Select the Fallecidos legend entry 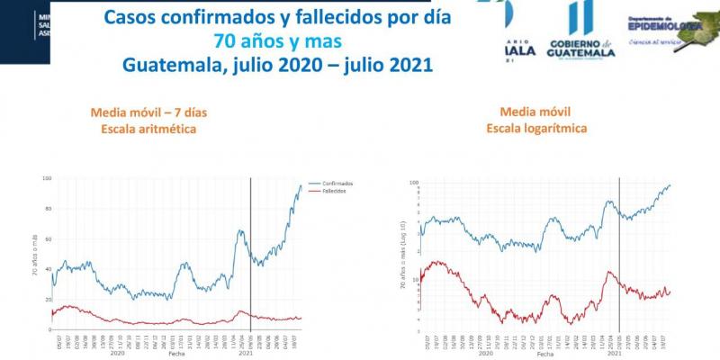click(x=334, y=192)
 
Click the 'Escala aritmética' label click(x=143, y=130)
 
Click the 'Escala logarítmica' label click(x=536, y=129)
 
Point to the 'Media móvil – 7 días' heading click(x=143, y=112)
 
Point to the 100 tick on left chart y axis click(x=46, y=178)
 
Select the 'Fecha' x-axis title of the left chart click(x=176, y=355)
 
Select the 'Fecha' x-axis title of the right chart click(x=545, y=355)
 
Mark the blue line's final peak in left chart click(x=301, y=185)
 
